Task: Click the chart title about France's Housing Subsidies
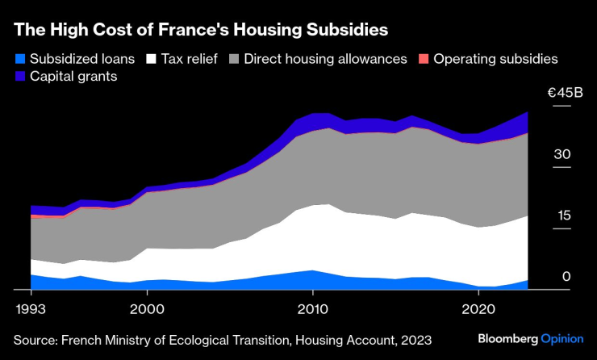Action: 201,31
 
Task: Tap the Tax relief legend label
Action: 189,59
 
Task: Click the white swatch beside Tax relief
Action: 150,59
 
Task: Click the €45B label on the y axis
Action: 565,94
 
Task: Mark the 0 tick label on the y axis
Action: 566,277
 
